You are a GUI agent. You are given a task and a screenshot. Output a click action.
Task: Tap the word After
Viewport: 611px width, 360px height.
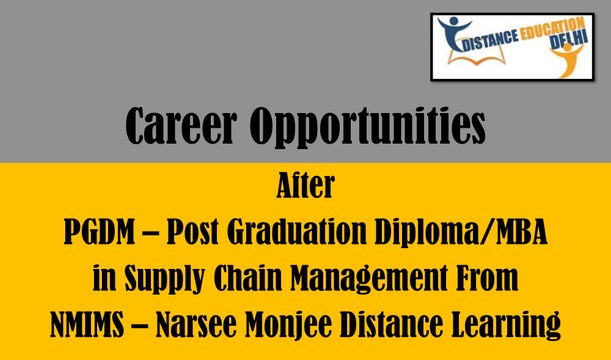[305, 187]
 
